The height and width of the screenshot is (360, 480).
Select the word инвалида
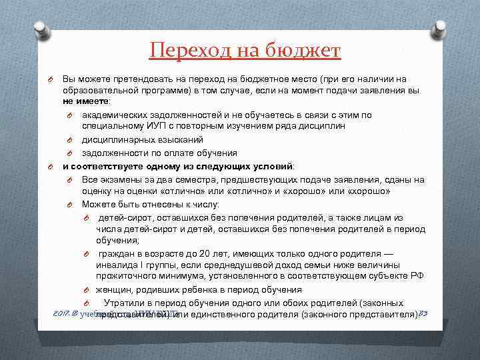pos(117,265)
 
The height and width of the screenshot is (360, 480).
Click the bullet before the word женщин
pos(87,290)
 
